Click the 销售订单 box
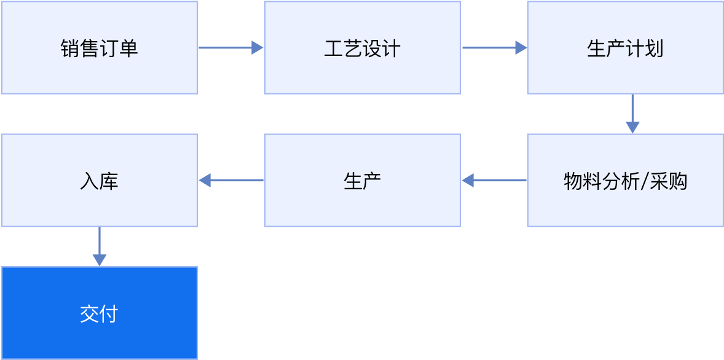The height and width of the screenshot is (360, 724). point(100,47)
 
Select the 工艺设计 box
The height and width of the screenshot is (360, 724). point(363,47)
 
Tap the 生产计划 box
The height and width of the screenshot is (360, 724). point(626,47)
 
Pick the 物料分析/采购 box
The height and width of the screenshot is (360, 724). point(626,181)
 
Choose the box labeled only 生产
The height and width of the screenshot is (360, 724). point(363,181)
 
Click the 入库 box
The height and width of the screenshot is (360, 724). point(100,181)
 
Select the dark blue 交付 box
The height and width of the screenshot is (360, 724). point(100,313)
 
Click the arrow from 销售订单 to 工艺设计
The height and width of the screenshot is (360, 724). point(231,47)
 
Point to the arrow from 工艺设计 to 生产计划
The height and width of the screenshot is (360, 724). point(495,47)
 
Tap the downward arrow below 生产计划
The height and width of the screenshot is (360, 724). point(632,114)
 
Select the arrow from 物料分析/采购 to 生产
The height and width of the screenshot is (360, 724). point(494,181)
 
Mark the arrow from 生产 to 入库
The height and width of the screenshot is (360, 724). point(231,181)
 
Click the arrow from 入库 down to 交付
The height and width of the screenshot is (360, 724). point(100,246)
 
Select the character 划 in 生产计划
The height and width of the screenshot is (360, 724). point(655,48)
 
